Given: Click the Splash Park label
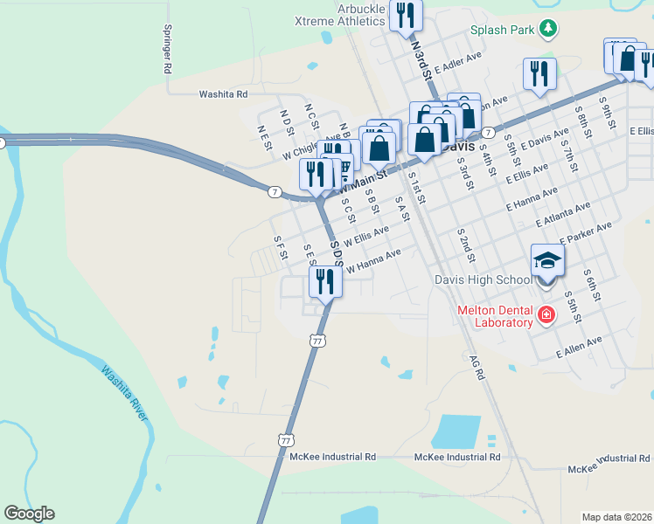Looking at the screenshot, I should [x=503, y=30].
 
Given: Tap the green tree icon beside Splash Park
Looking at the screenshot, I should [x=548, y=29].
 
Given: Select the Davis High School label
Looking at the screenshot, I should [x=484, y=279].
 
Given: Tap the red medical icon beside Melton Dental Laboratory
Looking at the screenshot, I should [x=546, y=314].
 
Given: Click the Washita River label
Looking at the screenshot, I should [x=123, y=392].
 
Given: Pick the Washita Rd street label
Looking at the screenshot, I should [x=223, y=93].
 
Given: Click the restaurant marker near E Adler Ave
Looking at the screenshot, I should [x=539, y=73].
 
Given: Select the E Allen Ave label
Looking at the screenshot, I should [x=581, y=348].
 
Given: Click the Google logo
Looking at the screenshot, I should [x=29, y=514].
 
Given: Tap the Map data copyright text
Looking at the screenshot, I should [x=617, y=517].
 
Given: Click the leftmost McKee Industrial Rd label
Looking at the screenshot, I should [x=332, y=457].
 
